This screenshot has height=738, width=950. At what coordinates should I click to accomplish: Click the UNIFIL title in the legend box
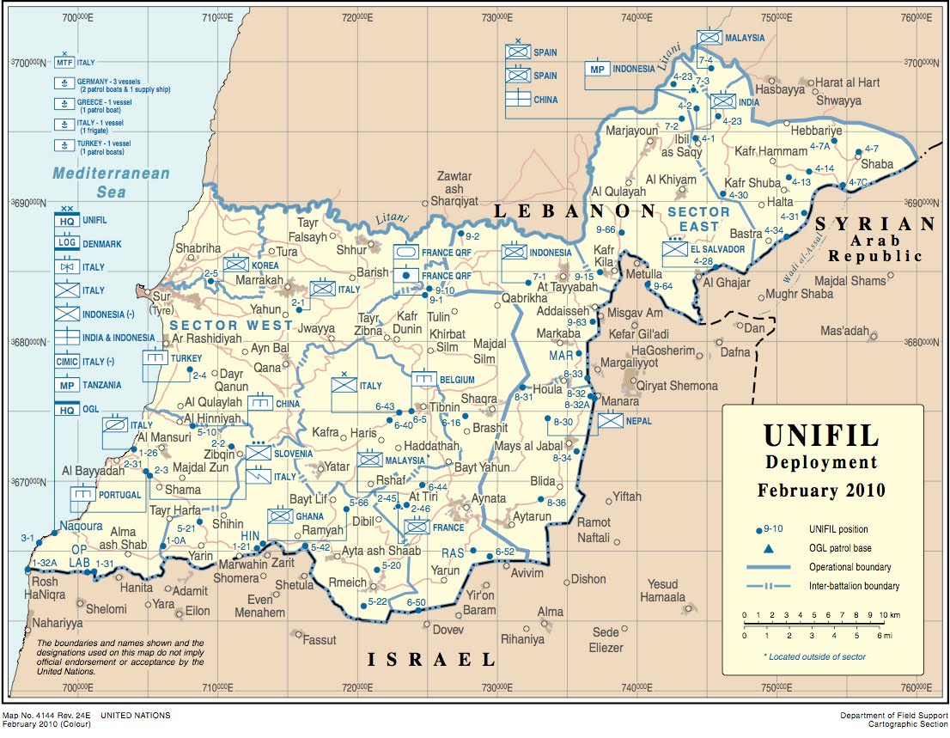coord(822,435)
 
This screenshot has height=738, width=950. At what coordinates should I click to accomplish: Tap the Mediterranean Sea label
coord(111,181)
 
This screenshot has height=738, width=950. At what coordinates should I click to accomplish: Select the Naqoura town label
coord(81,526)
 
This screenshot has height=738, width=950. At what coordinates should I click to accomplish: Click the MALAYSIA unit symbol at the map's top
coord(709,38)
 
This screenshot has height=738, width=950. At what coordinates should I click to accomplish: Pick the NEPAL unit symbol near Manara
coord(611,421)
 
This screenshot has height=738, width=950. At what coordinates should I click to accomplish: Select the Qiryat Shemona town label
coord(670,386)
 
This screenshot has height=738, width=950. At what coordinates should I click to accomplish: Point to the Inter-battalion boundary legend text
coord(854,586)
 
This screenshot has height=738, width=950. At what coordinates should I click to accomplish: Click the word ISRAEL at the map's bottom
coord(432,660)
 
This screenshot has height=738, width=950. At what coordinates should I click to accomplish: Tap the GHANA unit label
coord(310,516)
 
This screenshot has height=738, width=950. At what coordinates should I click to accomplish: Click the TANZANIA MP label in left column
coord(102,385)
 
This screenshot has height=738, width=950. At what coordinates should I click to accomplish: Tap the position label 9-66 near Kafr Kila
coord(605,229)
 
